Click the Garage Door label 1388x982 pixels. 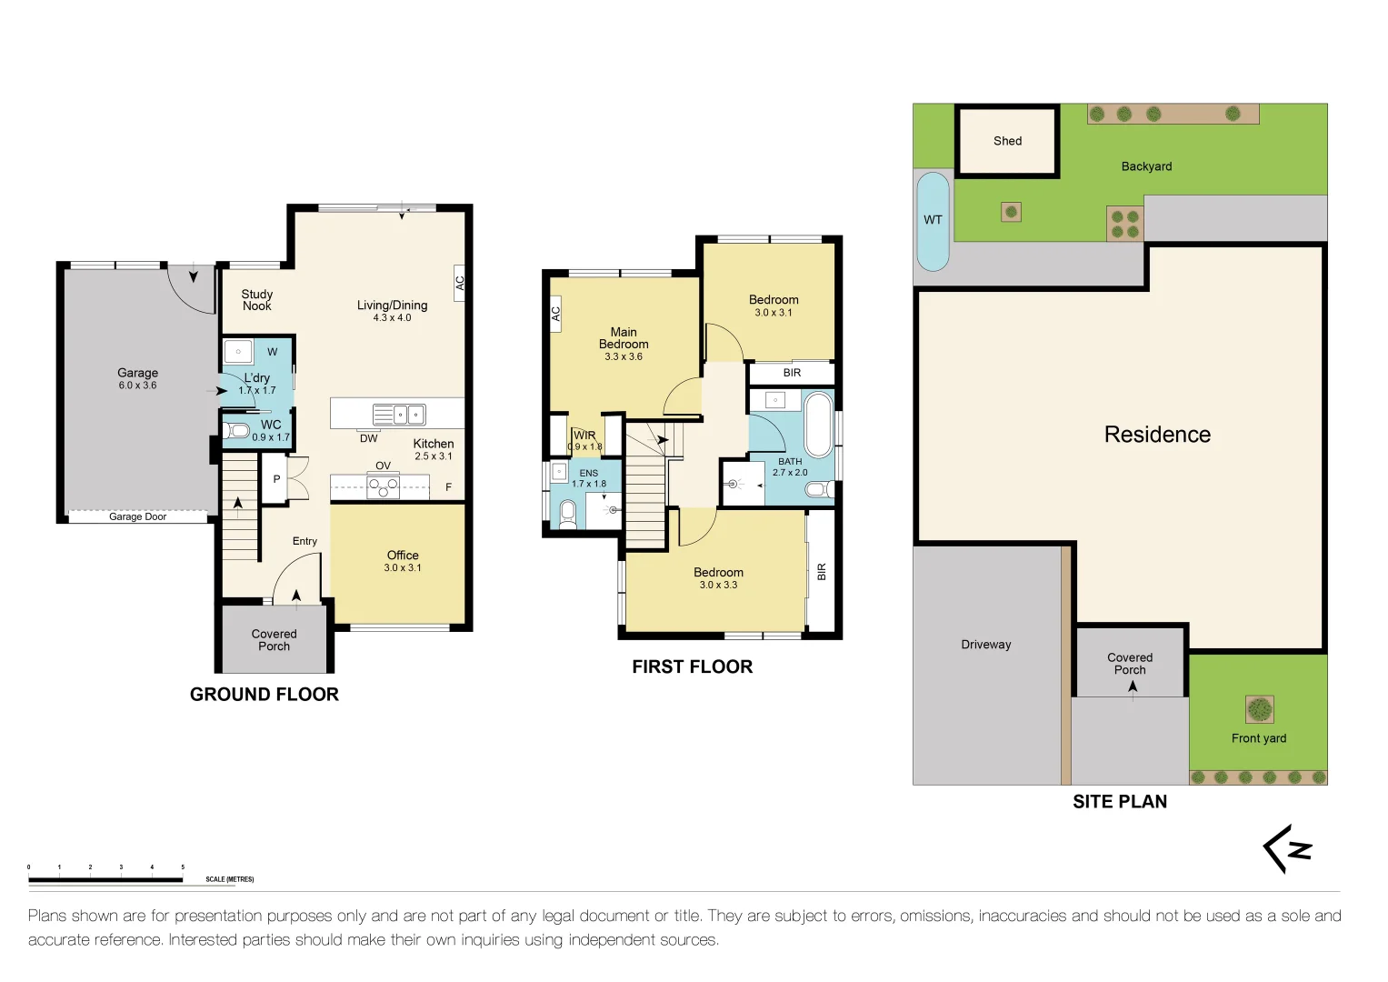[137, 516]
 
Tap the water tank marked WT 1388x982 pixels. [933, 221]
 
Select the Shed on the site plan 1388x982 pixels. [1007, 141]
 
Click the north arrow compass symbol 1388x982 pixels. [1288, 848]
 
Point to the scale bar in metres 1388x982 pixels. [106, 879]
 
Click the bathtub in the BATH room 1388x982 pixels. [818, 425]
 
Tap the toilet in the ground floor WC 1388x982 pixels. [236, 429]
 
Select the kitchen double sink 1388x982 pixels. [398, 414]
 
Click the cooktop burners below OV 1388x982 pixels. [383, 486]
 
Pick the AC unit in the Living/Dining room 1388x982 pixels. [459, 283]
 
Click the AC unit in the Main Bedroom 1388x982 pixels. [555, 314]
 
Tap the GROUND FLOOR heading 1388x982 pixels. [265, 695]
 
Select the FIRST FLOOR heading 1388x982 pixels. [692, 666]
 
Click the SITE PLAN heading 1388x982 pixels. [1120, 802]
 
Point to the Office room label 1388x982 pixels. [403, 556]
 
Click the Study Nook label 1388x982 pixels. [257, 300]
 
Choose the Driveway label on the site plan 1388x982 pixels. [986, 645]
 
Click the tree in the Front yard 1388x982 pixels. [1259, 709]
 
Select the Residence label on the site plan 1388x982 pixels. [1157, 435]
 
